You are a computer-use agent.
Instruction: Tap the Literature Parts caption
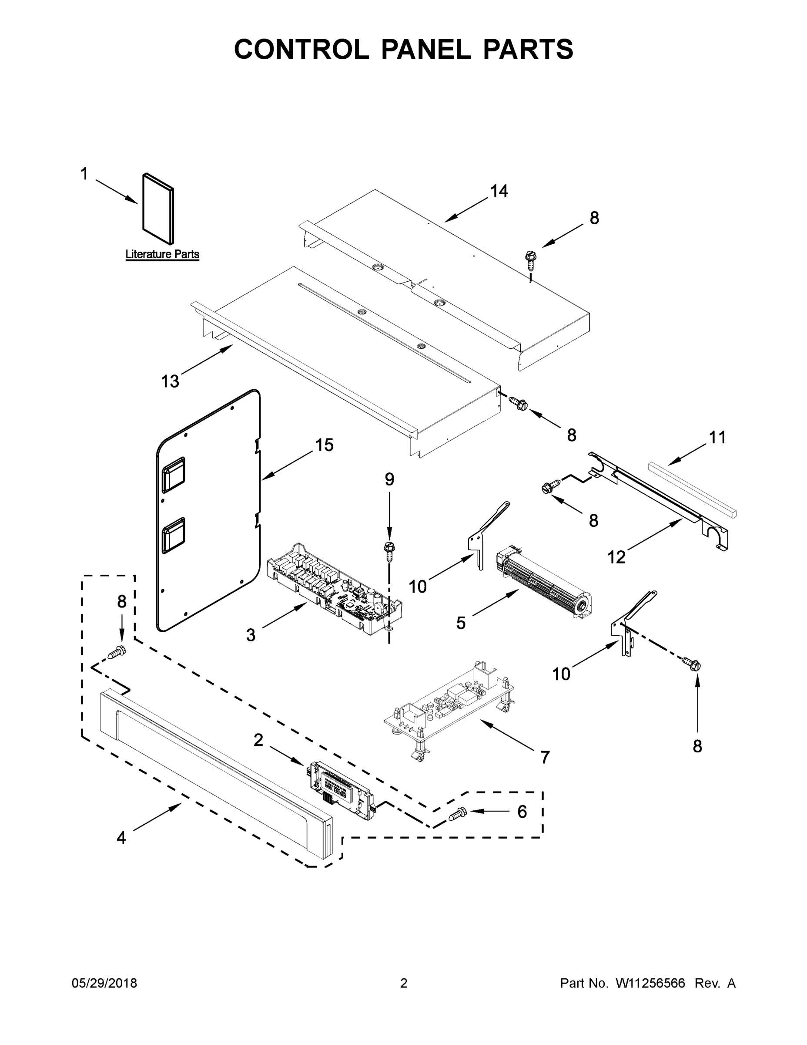pyautogui.click(x=162, y=254)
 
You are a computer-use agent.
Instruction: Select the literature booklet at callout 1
pyautogui.click(x=158, y=209)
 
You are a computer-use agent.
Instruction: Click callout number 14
pyautogui.click(x=499, y=192)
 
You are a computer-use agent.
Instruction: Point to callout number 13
pyautogui.click(x=170, y=381)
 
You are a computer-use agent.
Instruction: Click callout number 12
pyautogui.click(x=616, y=557)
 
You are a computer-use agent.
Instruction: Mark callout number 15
pyautogui.click(x=324, y=445)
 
